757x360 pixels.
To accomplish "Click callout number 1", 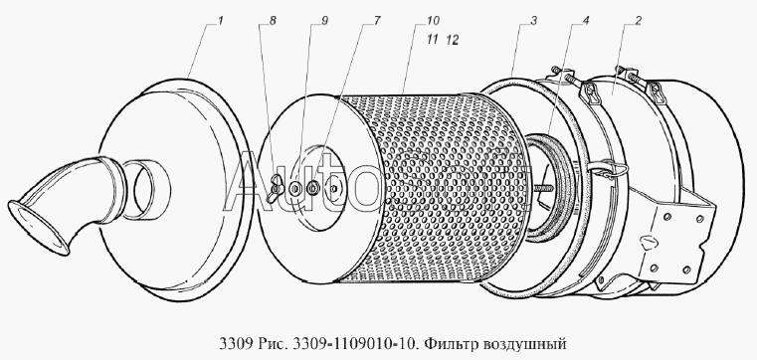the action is (220, 21).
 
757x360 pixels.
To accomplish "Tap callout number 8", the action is (273, 21).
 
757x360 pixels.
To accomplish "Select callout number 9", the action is (324, 21).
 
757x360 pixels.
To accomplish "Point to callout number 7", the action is (377, 21).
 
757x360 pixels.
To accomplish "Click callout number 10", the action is (433, 21).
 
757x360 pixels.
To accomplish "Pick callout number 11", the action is (432, 40).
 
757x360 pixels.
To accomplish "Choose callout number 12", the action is (452, 41).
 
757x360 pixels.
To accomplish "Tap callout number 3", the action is (534, 21).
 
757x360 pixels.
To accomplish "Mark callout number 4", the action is (586, 21).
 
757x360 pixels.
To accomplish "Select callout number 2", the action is (638, 21).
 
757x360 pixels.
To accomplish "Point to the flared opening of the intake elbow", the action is (37, 228).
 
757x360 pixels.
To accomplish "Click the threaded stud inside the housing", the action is (543, 187).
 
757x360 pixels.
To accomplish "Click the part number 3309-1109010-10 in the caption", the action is (357, 344).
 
